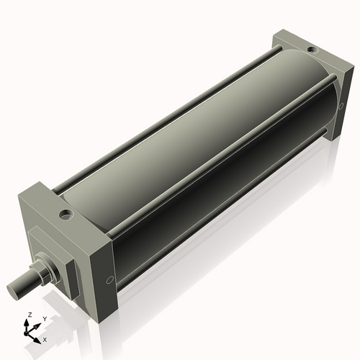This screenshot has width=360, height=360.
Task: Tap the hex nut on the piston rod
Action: (x=45, y=269)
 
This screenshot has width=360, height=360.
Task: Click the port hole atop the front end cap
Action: (x=66, y=214)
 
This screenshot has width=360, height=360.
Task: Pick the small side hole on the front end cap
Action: (x=109, y=280)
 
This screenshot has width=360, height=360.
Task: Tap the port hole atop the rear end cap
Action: (x=310, y=50)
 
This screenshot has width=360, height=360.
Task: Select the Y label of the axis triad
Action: (x=44, y=318)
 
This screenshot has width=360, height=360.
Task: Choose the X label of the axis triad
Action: (x=45, y=338)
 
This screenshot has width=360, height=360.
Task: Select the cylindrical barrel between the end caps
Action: (x=194, y=144)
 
